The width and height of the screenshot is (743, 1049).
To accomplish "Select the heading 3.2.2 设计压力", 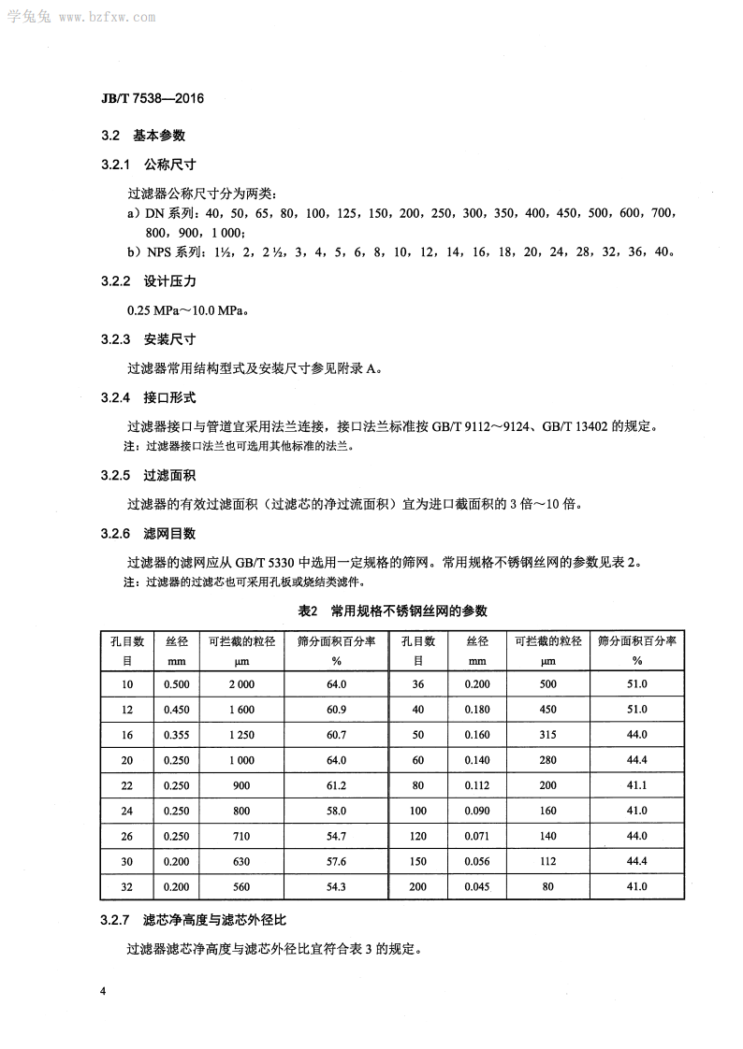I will [x=149, y=280].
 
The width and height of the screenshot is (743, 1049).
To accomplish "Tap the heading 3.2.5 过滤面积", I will [x=149, y=475].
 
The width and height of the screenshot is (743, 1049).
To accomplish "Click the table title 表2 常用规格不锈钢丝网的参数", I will [x=392, y=611].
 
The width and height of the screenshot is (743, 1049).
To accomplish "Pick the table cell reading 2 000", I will [x=240, y=684].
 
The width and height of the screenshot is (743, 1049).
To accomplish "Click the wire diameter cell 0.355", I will [x=177, y=735].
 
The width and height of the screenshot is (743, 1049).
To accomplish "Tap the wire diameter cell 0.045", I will [x=477, y=886].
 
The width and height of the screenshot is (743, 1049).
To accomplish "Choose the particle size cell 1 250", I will [x=240, y=735].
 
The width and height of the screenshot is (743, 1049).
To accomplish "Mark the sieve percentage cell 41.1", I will [x=637, y=785].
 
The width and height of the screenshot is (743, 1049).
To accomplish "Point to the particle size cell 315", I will [x=547, y=735].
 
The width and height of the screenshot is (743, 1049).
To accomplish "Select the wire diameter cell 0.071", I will [x=477, y=836].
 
